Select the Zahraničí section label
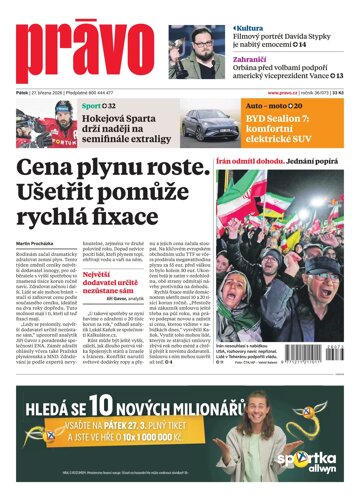coord(256,57)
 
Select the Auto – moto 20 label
coord(272,105)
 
